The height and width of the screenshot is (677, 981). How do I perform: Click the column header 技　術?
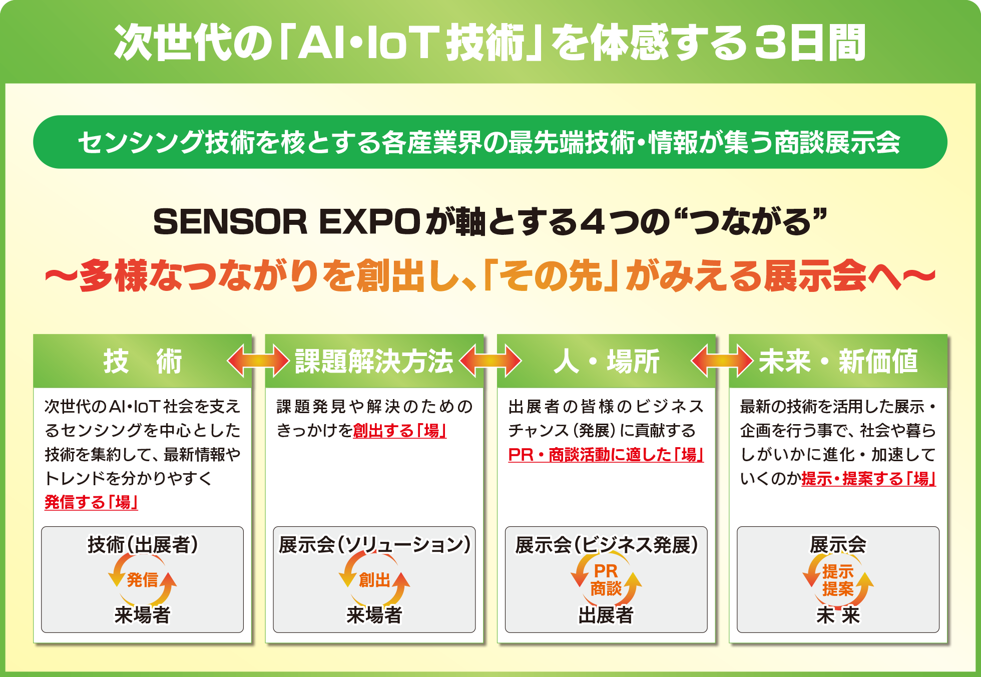(143, 361)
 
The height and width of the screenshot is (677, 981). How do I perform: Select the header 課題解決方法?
(374, 361)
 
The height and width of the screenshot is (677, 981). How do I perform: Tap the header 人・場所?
(606, 361)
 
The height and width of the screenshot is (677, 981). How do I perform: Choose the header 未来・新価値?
(838, 361)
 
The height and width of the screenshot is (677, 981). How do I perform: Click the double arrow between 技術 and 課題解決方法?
(258, 361)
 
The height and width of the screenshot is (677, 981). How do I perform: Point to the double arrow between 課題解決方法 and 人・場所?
(490, 361)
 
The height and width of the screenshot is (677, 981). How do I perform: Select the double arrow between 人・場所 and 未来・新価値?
(722, 361)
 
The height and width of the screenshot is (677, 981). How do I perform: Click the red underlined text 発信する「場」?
(91, 502)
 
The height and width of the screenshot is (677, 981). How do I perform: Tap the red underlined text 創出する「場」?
(399, 431)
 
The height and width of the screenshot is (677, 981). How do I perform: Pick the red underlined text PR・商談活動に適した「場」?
(606, 455)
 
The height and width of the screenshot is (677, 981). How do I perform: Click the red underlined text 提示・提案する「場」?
(868, 479)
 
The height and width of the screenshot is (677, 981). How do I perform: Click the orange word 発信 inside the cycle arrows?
(142, 580)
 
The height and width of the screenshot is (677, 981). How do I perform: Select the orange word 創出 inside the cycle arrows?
(374, 580)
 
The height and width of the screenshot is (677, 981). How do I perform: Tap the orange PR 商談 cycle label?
(606, 580)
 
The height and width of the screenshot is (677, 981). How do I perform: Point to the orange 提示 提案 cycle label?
(838, 580)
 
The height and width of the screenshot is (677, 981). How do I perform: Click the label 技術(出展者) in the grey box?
(143, 545)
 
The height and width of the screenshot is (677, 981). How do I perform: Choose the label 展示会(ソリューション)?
(374, 545)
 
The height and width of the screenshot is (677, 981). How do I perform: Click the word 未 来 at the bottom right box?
(838, 615)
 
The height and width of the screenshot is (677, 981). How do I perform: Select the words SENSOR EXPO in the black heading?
(287, 222)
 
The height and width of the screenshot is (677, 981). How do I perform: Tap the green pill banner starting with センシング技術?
(490, 142)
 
